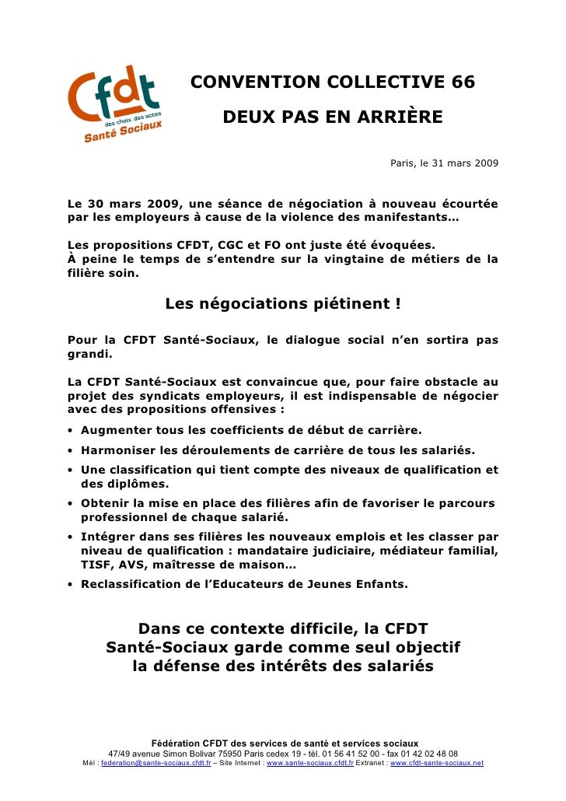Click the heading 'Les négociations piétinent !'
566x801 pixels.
tap(283, 303)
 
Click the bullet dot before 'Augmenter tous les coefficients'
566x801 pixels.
tap(71, 431)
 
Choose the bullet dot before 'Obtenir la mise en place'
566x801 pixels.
tap(71, 504)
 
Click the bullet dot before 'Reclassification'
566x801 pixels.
tap(71, 585)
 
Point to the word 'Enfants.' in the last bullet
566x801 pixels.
tap(380, 584)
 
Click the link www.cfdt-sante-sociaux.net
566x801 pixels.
tap(436, 764)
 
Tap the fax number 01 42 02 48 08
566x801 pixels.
tap(423, 754)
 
